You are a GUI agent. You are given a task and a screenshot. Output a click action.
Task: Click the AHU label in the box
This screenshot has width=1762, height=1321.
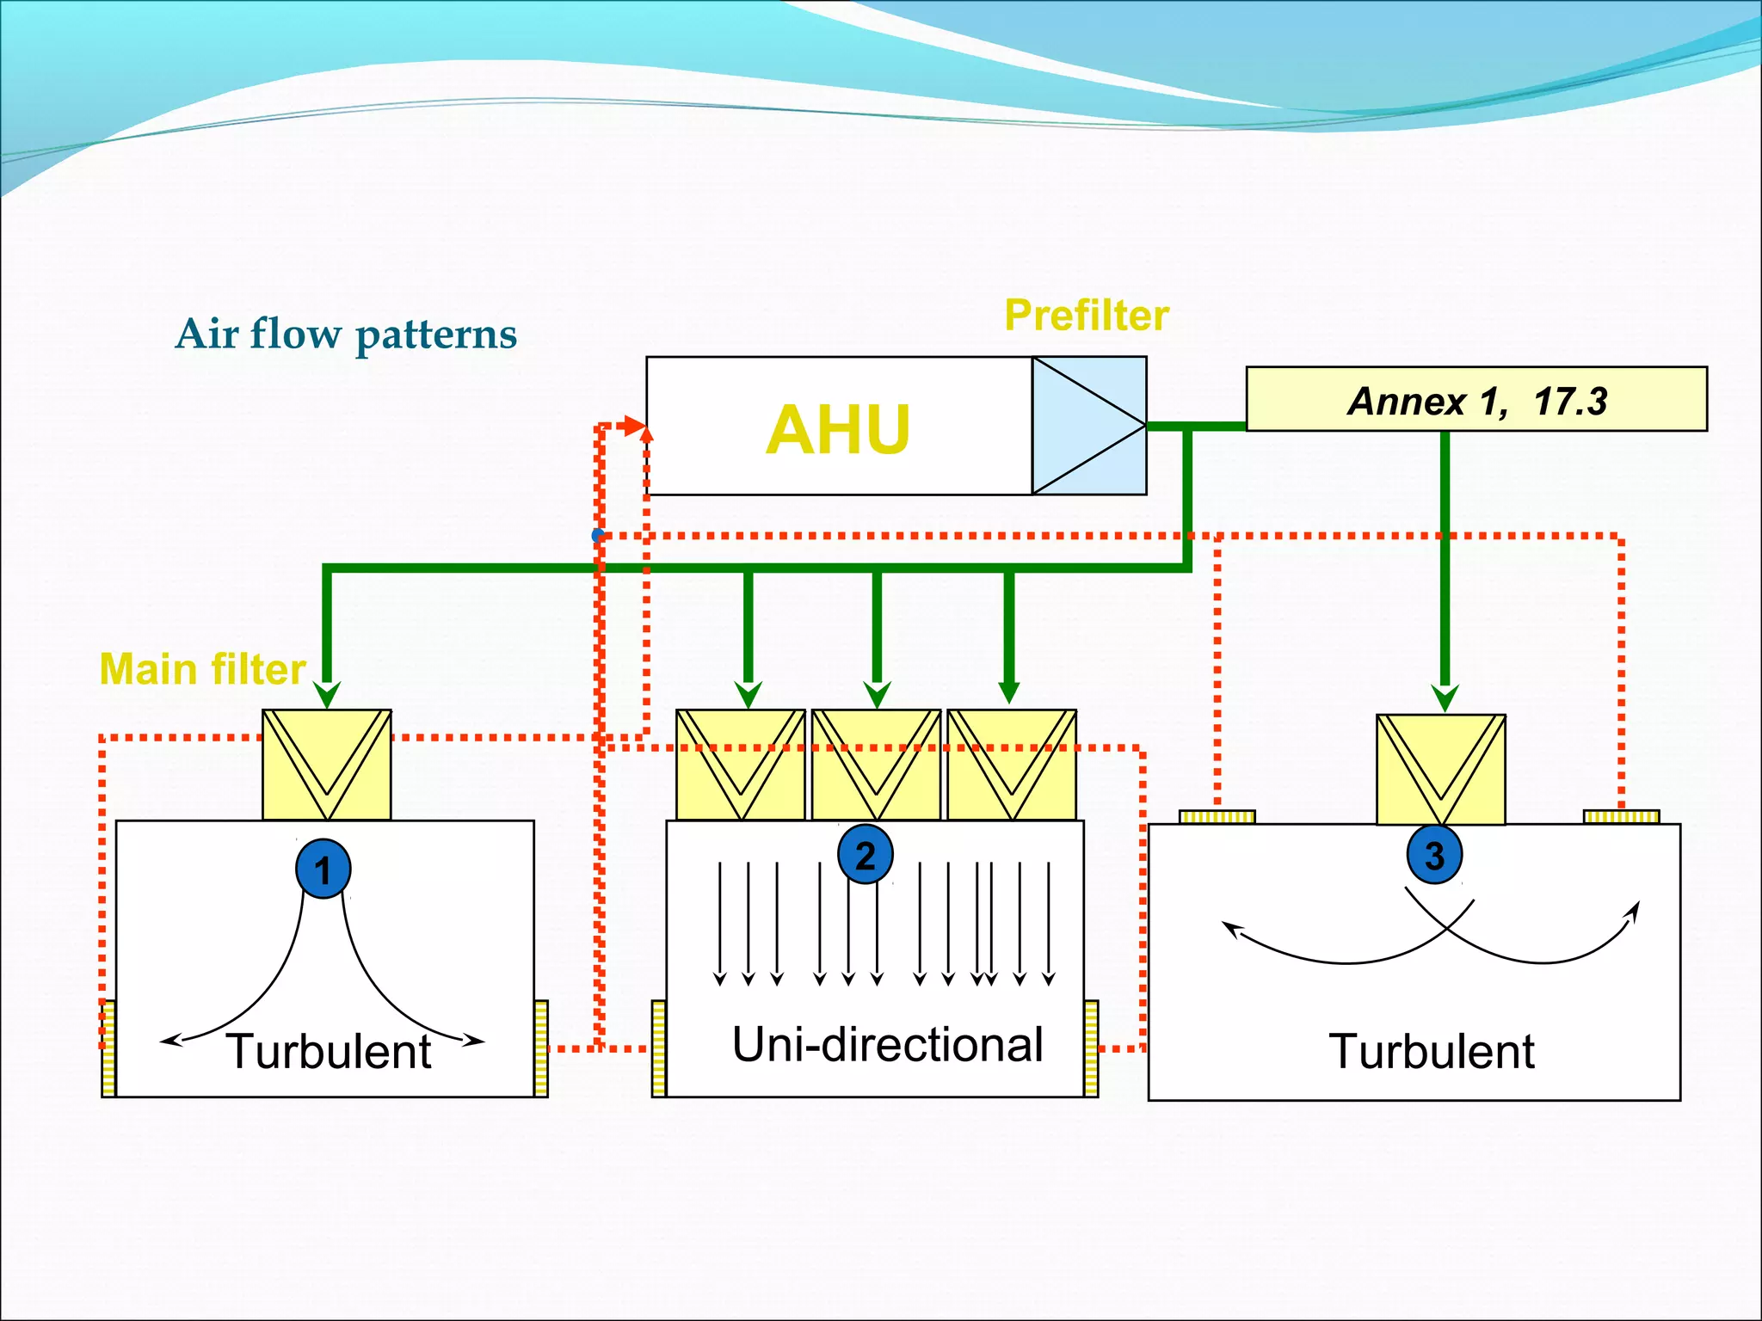coord(837,429)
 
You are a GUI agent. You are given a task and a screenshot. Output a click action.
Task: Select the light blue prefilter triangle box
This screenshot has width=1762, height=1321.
coord(1089,426)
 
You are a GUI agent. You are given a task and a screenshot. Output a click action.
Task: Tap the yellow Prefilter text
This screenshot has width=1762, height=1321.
coord(1087,315)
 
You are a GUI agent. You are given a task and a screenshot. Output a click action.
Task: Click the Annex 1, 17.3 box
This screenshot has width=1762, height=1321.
coord(1476,400)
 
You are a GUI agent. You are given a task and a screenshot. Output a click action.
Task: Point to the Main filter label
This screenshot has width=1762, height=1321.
coord(203,669)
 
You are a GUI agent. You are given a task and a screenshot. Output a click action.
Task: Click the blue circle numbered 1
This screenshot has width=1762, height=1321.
coord(323,869)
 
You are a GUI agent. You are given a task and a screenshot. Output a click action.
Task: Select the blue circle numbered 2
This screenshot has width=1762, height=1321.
coord(866,855)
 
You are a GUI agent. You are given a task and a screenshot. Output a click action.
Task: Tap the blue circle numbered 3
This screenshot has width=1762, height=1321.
coord(1434,855)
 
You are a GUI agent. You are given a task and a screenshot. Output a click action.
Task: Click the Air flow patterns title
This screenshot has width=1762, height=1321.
coord(346,334)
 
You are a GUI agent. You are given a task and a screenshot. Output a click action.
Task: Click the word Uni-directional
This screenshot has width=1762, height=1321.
coord(888,1044)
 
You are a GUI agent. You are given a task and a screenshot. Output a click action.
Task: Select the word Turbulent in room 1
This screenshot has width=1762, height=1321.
coord(329,1051)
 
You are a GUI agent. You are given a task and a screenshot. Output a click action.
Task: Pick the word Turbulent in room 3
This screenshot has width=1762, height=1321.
coord(1432,1051)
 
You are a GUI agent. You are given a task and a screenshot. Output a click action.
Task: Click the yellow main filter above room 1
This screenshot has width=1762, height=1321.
coord(327,764)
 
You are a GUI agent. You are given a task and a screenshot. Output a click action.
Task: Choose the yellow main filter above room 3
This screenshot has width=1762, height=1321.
coord(1440,769)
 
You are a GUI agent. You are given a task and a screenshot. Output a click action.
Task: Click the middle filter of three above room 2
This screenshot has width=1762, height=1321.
coord(876,764)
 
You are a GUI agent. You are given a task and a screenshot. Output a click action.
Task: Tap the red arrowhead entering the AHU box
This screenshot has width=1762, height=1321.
coord(636,426)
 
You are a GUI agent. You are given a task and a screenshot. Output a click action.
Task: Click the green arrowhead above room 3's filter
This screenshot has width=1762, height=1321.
coord(1445,697)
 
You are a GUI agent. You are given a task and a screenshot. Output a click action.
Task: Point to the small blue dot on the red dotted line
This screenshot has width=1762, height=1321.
coord(598,536)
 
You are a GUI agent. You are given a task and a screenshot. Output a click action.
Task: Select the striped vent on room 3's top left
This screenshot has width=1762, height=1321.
coord(1217,817)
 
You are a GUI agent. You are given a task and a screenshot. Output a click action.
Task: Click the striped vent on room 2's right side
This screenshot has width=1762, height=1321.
coord(1091,1048)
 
